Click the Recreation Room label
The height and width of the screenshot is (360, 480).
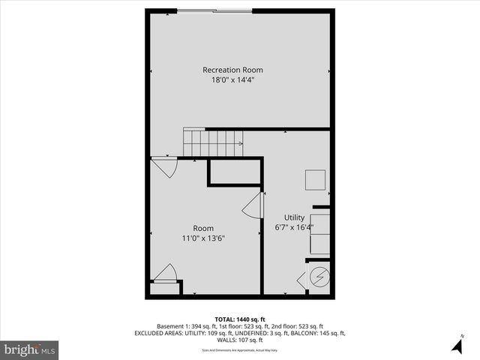tap(232, 70)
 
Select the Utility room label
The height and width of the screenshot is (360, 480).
tap(294, 217)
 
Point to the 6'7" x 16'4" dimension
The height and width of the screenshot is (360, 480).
tap(294, 227)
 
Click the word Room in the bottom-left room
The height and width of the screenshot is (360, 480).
tap(203, 228)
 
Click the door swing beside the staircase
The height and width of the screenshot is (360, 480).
tap(165, 166)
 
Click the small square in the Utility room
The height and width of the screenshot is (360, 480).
tap(315, 181)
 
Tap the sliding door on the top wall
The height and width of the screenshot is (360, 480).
tap(214, 10)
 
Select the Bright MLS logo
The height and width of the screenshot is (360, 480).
tap(30, 349)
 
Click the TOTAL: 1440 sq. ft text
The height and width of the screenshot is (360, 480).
tap(239, 319)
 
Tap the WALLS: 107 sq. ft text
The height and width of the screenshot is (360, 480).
tap(239, 340)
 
